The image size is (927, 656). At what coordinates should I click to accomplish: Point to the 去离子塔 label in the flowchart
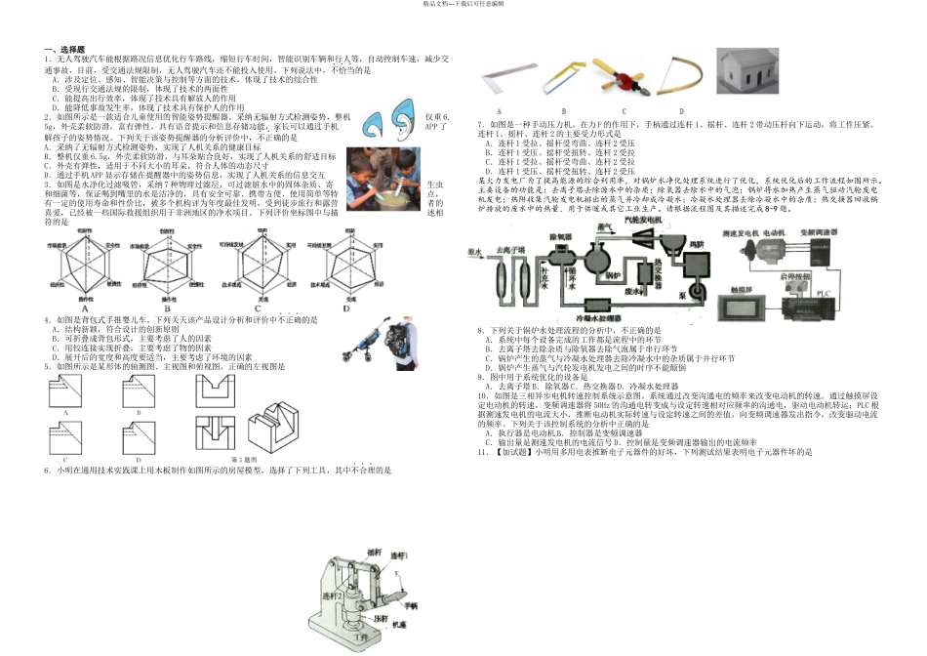pyautogui.click(x=510, y=248)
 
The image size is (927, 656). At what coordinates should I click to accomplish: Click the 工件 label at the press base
pyautogui.click(x=367, y=638)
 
